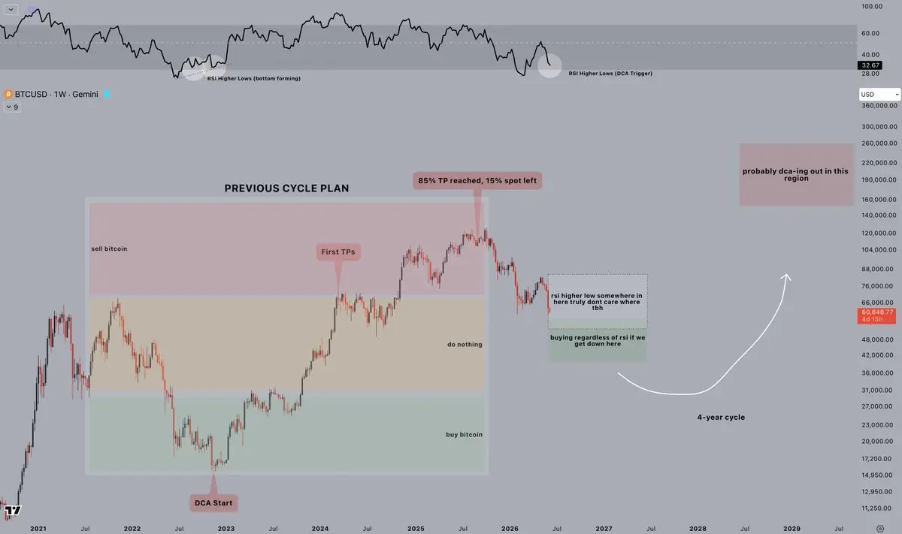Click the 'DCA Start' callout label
213,503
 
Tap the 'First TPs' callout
337,252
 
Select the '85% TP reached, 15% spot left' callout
477,181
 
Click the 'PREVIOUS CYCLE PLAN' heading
286,189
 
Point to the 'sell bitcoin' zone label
109,249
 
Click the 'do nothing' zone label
465,345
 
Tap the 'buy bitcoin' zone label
464,435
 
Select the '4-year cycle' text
721,418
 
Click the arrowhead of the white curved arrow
786,276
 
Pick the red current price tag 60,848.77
876,315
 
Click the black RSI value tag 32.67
870,65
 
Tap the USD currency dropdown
879,95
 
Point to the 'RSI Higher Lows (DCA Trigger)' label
610,74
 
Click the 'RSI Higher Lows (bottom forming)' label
254,78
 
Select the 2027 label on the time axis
604,528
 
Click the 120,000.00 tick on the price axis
879,233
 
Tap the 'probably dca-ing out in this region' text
795,175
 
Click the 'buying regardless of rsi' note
598,340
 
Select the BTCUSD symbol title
56,94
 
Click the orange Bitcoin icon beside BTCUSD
8,94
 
